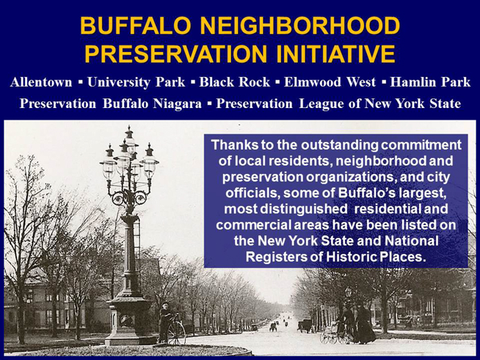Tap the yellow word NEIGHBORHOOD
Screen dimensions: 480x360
300,26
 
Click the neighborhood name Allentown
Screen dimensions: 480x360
41,82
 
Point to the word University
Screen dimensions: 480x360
118,82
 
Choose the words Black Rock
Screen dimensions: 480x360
235,82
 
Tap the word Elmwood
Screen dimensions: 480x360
312,82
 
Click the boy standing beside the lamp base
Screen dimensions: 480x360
166,322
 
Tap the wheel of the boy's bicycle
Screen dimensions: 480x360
177,333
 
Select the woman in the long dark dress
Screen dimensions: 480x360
364,324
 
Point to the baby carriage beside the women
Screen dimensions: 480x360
329,336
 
